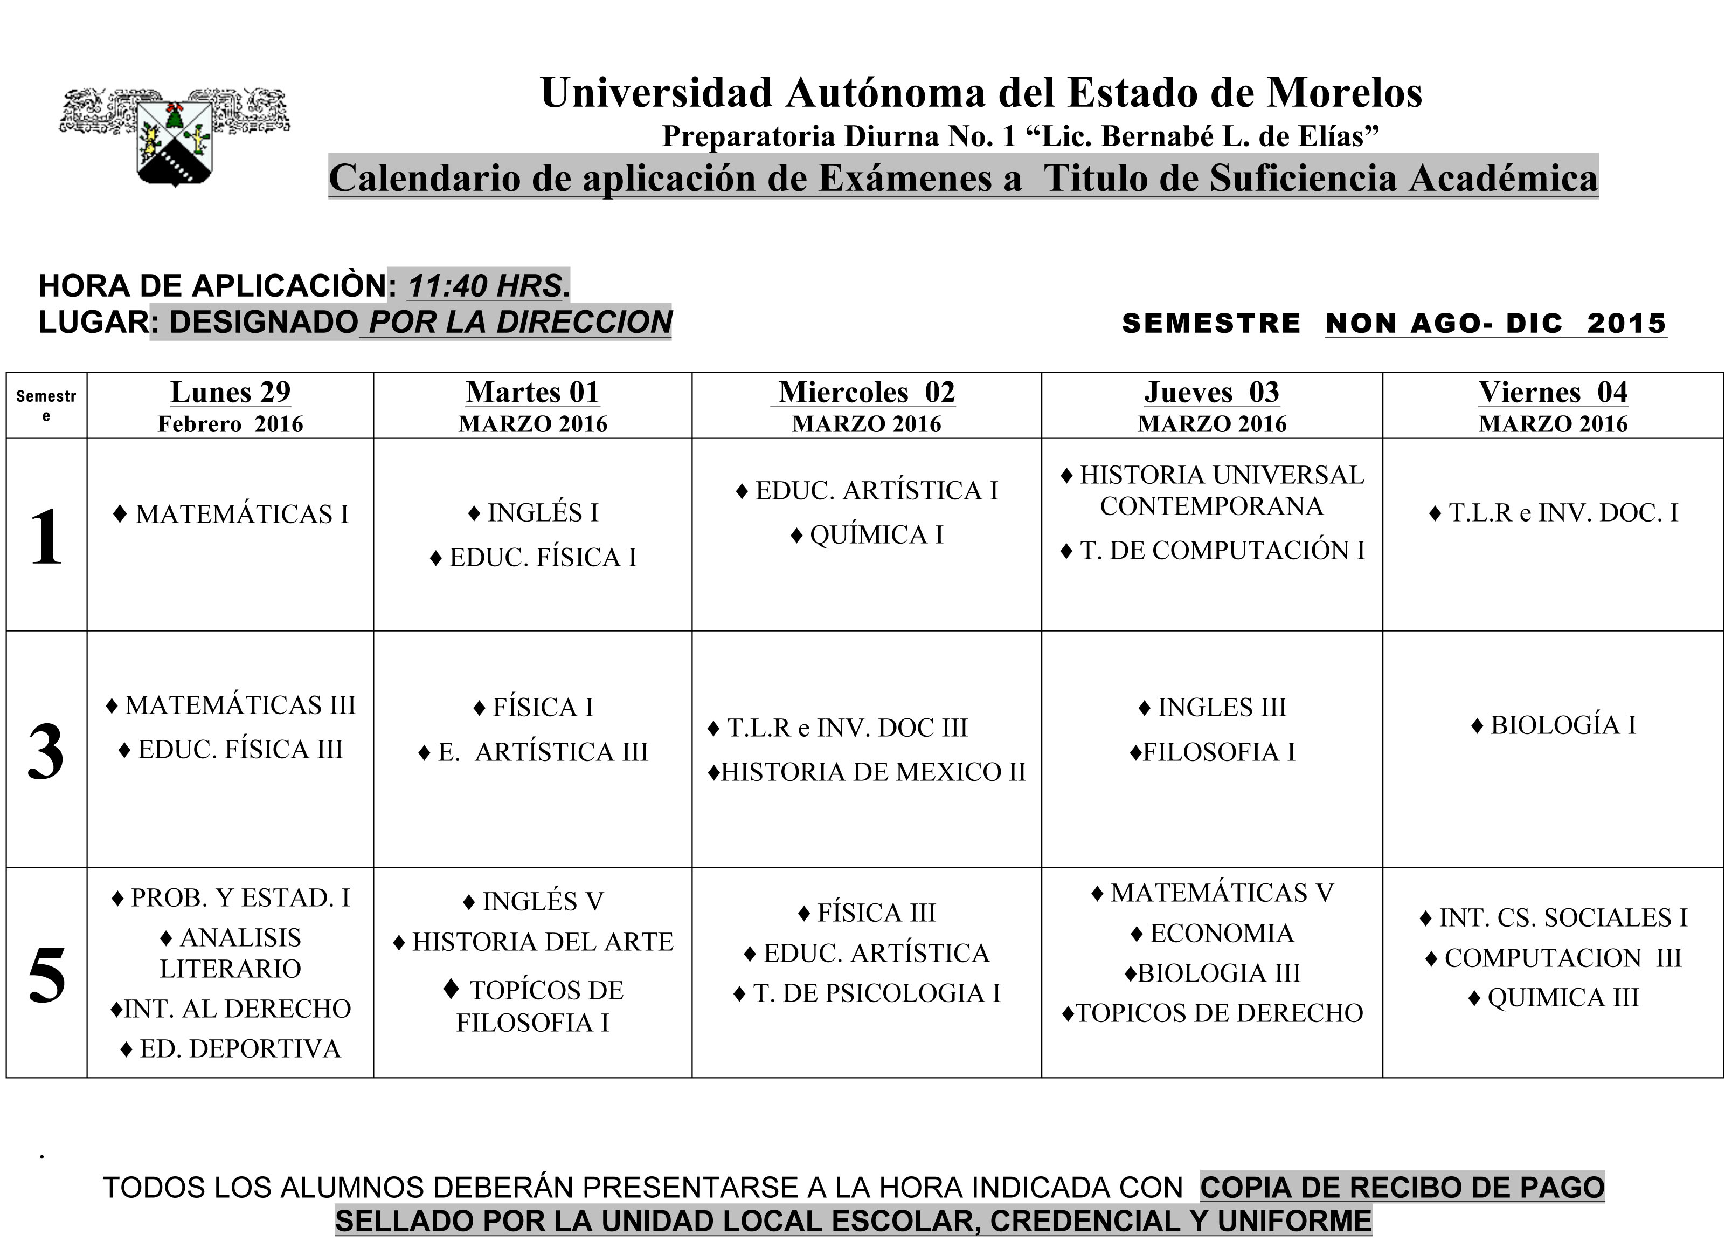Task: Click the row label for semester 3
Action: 46,750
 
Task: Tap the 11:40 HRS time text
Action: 484,286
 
